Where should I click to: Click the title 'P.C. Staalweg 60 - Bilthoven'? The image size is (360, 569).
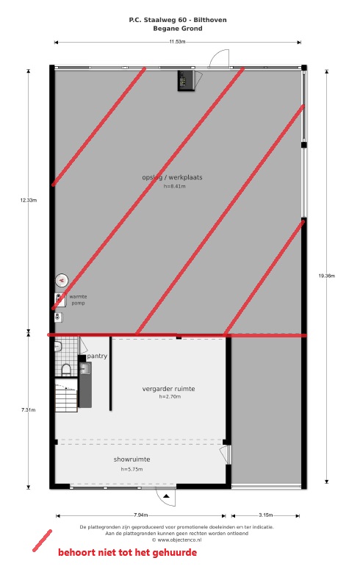178,20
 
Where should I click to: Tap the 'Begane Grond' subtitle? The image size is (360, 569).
178,29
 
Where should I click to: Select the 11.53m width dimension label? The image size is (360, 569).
177,42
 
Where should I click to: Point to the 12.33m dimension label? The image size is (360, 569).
29,200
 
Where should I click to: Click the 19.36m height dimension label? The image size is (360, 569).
327,276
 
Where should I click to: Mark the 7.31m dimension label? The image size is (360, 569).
28,409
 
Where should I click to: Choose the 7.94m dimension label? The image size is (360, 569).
140,515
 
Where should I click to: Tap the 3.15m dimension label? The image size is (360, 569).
266,515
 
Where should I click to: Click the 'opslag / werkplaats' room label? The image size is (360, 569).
172,177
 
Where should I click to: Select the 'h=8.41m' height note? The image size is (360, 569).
175,187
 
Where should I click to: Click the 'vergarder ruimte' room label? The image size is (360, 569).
168,389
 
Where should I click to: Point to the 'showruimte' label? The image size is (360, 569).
132,459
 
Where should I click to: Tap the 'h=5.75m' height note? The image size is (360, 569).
132,469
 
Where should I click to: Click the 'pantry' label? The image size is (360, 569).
97,356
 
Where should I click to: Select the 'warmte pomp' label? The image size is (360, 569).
78,300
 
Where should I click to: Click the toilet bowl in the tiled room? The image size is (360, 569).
66,370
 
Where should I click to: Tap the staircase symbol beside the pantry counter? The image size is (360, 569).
66,396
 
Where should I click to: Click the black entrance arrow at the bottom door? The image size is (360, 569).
166,495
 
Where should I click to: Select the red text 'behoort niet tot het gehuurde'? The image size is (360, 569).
128,553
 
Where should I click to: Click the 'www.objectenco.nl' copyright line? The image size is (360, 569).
176,540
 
